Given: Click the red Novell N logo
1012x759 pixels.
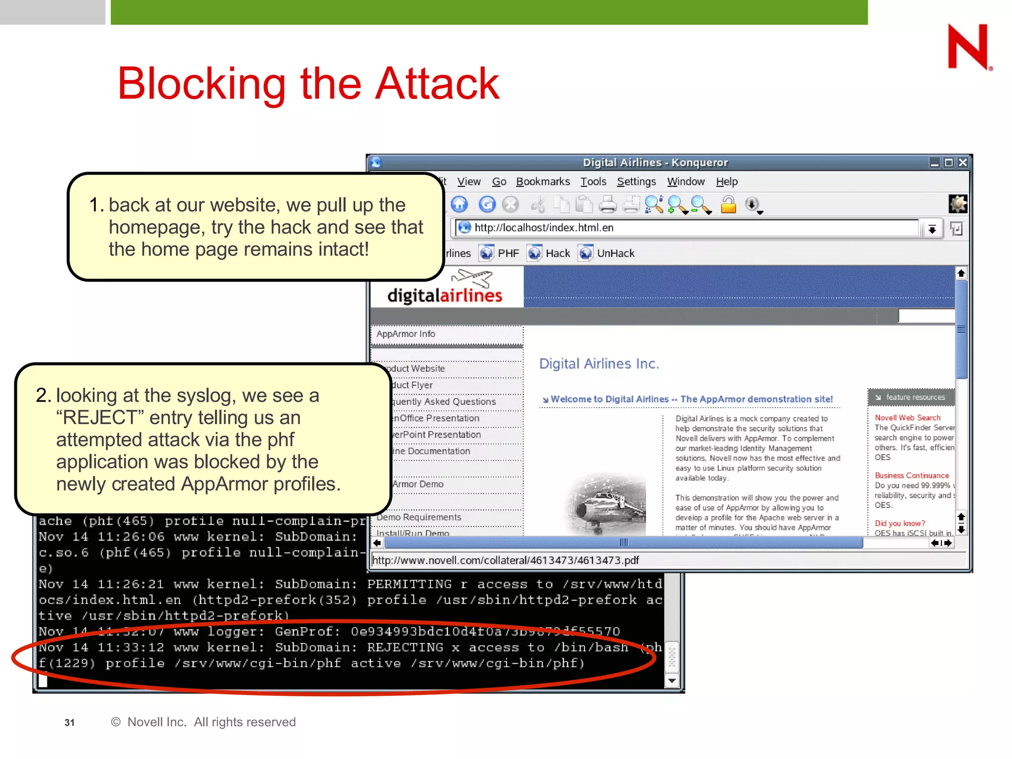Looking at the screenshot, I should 968,46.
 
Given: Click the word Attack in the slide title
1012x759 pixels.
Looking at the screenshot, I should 437,84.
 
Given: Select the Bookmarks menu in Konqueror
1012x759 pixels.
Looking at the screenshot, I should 543,182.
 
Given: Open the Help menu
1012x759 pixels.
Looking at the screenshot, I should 726,182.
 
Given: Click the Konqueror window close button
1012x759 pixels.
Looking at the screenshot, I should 963,163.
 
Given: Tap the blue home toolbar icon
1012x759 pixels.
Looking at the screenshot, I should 459,204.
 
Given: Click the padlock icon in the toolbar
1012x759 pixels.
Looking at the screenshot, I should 728,204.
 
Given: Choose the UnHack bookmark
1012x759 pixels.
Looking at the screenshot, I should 615,253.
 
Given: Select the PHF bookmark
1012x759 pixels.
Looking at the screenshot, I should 508,253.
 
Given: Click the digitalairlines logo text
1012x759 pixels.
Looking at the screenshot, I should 444,295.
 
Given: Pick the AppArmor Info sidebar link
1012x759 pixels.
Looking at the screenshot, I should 406,334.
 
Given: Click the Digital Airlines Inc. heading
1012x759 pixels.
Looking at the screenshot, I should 599,364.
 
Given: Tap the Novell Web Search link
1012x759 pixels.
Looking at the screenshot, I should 907,418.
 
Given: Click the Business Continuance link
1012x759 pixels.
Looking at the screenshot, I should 912,475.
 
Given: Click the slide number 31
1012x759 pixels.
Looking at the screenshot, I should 70,722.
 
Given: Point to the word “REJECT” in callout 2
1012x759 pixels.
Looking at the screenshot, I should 100,418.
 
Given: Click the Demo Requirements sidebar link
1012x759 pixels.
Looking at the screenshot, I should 419,517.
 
